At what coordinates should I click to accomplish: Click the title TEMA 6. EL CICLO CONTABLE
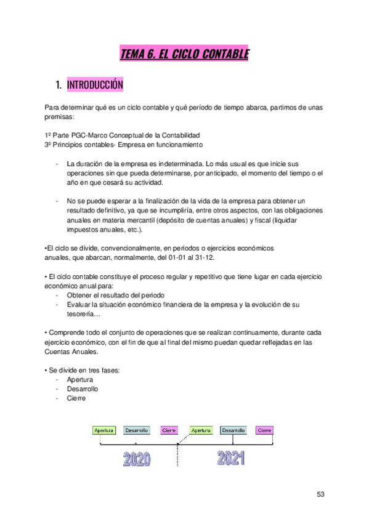click(184, 54)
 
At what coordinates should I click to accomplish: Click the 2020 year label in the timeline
click(137, 459)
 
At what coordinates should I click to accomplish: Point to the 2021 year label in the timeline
click(230, 458)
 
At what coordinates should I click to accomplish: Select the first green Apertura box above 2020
click(104, 430)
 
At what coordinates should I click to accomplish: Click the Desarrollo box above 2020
click(136, 430)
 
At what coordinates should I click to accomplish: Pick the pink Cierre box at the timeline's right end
click(264, 430)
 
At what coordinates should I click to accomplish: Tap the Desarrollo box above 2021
click(233, 430)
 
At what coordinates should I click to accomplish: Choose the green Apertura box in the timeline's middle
click(201, 430)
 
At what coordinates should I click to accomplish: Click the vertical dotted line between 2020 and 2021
click(178, 459)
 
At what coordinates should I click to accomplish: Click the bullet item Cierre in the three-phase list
click(76, 398)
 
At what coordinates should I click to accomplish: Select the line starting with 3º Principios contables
click(123, 144)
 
